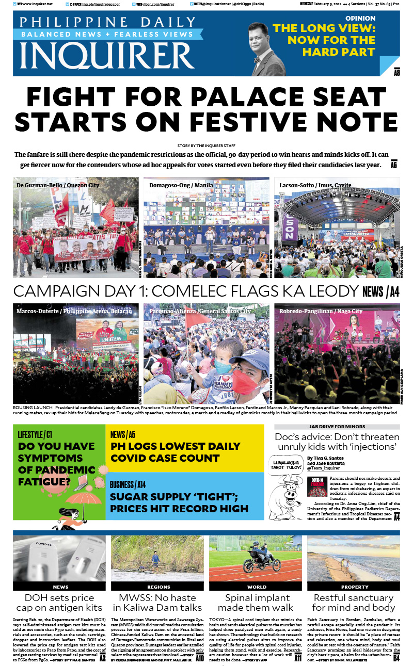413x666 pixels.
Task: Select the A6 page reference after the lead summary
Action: (x=394, y=165)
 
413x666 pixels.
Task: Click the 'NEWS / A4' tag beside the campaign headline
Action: (x=380, y=292)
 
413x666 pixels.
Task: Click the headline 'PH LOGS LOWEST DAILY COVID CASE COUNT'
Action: (x=175, y=452)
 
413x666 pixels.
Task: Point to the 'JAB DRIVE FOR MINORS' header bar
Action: (x=337, y=427)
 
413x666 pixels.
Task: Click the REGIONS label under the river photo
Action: (x=158, y=587)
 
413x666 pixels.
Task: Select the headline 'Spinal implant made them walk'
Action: (x=257, y=603)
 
